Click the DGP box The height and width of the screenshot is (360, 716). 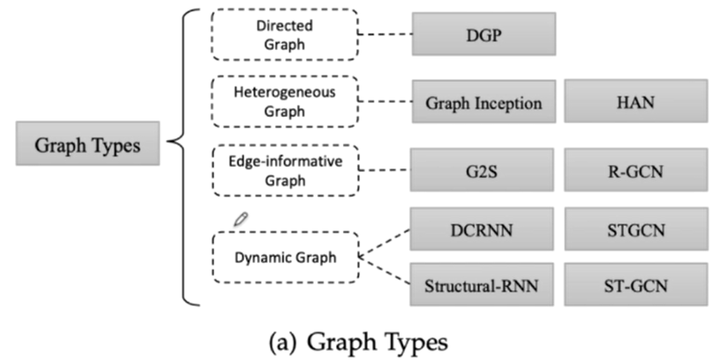[x=481, y=34]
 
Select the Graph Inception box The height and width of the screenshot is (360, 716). [x=483, y=103]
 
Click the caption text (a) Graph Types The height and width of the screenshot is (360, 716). [x=356, y=341]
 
